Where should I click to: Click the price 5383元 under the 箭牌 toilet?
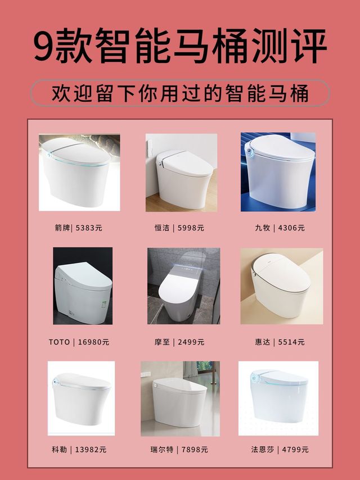89,228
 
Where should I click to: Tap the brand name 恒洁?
162,228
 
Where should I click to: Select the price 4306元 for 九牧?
291,228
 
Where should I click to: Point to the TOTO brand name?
59,342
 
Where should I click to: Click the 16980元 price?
93,342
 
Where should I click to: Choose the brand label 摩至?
162,342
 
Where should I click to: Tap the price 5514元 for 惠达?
291,342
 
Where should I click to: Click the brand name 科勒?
59,450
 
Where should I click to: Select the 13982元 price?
91,450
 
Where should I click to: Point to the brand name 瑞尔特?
162,450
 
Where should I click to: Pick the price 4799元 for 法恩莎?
295,450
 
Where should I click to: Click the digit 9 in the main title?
43,46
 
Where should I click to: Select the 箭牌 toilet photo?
79,173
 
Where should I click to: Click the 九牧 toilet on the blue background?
278,172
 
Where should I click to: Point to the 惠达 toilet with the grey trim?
282,286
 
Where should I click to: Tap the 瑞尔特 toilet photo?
180,399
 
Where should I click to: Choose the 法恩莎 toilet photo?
278,399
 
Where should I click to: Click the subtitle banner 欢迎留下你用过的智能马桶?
180,93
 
